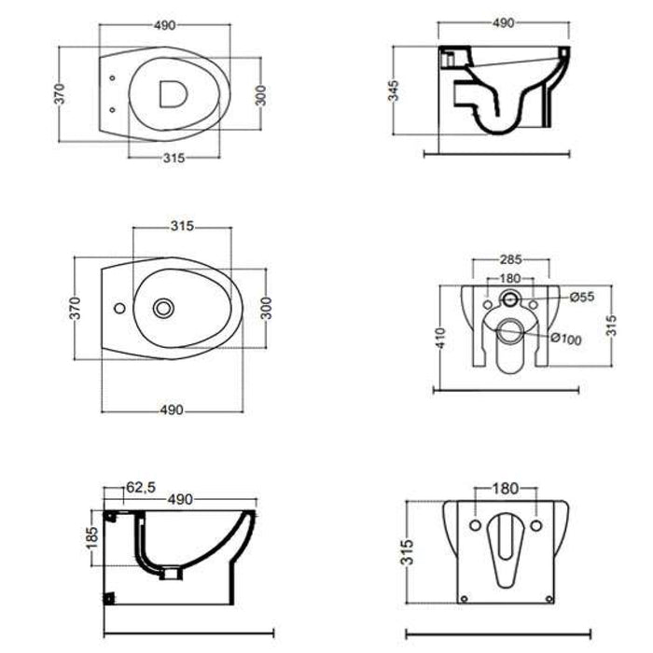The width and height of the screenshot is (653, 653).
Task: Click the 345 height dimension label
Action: click(396, 90)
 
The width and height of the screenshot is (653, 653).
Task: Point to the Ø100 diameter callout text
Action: click(566, 339)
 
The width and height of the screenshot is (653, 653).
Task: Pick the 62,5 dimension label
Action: click(138, 486)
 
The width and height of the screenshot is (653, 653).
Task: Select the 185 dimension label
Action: click(91, 538)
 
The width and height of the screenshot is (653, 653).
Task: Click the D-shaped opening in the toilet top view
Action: click(172, 93)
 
